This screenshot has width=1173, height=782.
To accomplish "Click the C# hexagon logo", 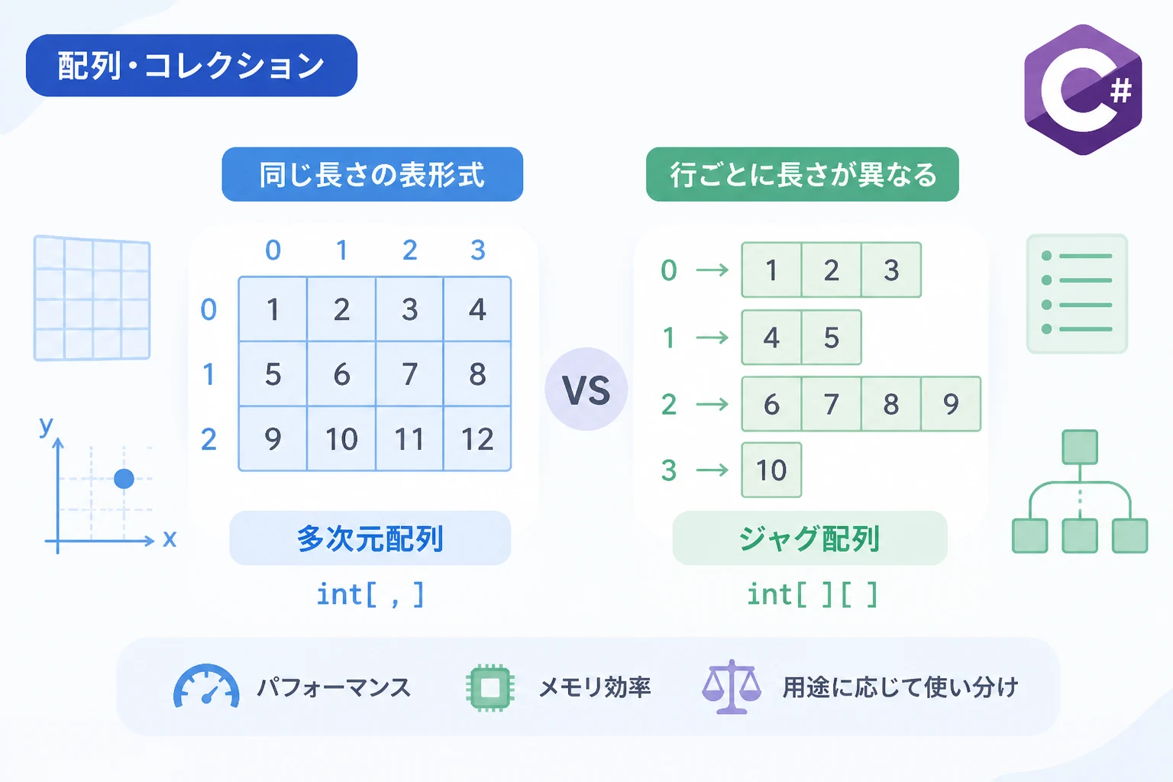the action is [x=1083, y=89].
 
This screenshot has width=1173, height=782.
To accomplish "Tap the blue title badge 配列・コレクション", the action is [x=192, y=66].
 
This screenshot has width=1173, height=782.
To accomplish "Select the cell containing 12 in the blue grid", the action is [x=477, y=439].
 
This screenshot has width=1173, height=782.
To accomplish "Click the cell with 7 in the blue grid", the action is [x=409, y=374].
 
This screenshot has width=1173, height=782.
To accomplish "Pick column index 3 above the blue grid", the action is [x=477, y=250].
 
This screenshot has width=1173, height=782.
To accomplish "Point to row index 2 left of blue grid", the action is [x=208, y=439].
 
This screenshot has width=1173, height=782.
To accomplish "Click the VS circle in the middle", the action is [x=586, y=389].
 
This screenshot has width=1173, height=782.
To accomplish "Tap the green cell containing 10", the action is [x=771, y=470].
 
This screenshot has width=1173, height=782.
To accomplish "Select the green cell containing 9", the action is [x=951, y=404].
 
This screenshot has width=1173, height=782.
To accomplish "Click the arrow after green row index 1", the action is [x=713, y=338].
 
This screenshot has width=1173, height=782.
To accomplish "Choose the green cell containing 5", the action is [x=832, y=338].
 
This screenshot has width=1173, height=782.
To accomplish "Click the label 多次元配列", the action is [x=370, y=538].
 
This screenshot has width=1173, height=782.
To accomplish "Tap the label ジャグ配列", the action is [x=809, y=538].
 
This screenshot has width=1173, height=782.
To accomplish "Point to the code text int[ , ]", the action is [x=370, y=594].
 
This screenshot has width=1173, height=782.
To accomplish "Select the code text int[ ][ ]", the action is [x=813, y=594].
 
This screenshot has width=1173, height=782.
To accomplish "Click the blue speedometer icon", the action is [x=206, y=686].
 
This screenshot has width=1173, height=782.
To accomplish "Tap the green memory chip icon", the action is [x=490, y=687].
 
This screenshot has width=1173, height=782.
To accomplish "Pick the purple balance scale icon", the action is [x=732, y=687].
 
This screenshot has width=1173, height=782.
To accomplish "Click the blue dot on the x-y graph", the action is [x=124, y=479].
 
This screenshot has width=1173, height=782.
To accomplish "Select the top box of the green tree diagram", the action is [x=1080, y=447].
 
